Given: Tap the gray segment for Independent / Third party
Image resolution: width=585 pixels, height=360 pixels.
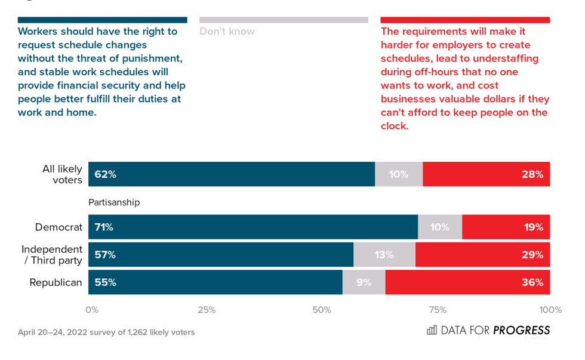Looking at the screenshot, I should click(x=384, y=255).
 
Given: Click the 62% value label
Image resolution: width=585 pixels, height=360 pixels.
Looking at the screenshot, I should click(x=105, y=174).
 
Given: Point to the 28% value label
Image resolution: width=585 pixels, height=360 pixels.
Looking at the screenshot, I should click(x=531, y=174).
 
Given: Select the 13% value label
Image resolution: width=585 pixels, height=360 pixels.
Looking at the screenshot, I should click(x=384, y=255).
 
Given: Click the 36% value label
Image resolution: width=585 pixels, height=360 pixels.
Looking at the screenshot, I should click(x=532, y=282).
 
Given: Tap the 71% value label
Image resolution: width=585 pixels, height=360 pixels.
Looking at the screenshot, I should click(x=104, y=227).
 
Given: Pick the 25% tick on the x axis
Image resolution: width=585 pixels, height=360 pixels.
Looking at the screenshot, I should click(x=207, y=310).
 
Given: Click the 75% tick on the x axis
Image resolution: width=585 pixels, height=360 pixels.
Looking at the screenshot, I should click(x=438, y=310).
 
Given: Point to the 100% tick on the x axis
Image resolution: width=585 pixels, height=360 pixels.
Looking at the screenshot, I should click(x=550, y=310).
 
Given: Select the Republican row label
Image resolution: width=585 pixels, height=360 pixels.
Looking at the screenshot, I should click(x=56, y=282).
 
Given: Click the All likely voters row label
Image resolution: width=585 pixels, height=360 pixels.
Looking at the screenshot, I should click(x=62, y=174).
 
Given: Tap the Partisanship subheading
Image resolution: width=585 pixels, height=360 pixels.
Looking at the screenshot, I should click(x=114, y=202).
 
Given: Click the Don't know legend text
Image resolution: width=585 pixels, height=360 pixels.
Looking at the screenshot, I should click(x=227, y=31).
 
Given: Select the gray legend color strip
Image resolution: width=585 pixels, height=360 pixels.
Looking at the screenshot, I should click(x=284, y=20).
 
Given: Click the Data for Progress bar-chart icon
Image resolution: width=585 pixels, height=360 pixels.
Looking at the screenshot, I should click(x=432, y=330).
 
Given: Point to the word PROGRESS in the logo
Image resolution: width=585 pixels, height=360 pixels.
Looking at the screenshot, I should click(x=522, y=330).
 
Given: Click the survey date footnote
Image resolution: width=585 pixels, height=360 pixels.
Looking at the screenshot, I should click(x=106, y=332).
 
